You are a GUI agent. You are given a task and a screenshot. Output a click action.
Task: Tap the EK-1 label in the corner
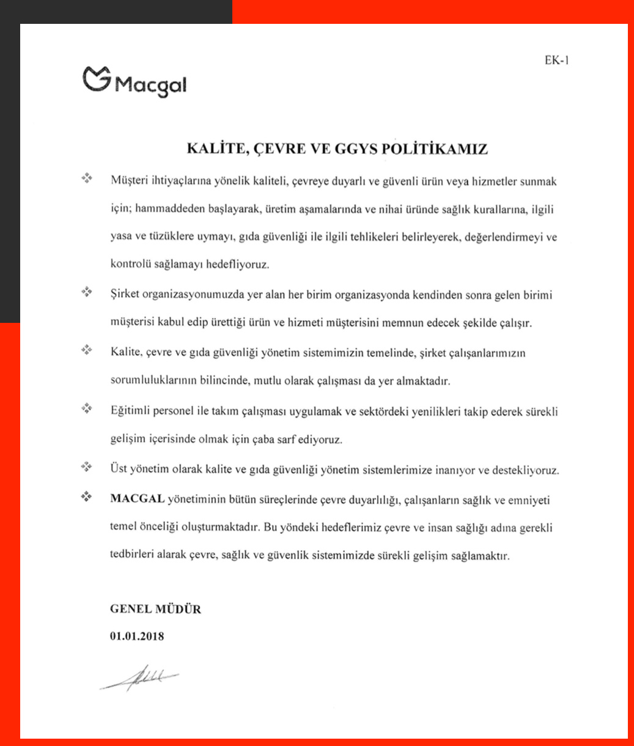click(557, 60)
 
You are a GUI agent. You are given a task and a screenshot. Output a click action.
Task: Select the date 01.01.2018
click(137, 637)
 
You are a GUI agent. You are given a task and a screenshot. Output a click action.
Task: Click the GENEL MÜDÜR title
click(155, 610)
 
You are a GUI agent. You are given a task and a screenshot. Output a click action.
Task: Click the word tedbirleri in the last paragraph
click(132, 556)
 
